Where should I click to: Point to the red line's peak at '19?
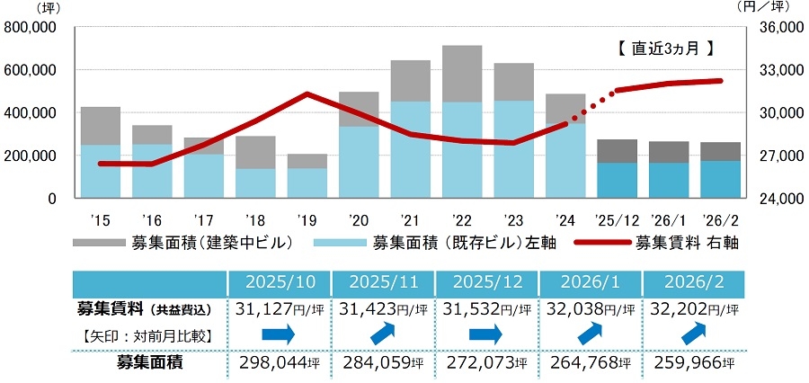point(307,94)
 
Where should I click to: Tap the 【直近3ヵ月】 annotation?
point(665,49)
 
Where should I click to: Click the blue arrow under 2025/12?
point(485,335)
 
